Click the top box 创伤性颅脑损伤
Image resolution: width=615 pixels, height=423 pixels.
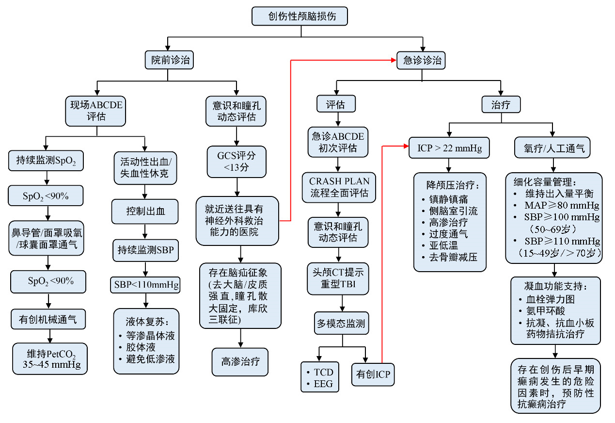coord(300,16)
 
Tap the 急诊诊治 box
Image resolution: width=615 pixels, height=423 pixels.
coord(422,60)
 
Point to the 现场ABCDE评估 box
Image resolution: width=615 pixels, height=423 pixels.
coord(97,110)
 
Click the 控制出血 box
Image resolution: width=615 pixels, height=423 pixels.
coord(145,211)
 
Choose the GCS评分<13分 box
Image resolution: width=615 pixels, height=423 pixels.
coord(237,162)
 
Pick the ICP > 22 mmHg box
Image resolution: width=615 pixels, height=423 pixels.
coord(449,148)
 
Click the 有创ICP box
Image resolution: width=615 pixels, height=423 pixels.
coord(373,374)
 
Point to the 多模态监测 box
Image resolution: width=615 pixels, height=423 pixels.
coord(341,324)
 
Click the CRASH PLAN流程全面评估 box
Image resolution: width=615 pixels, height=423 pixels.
coord(339,187)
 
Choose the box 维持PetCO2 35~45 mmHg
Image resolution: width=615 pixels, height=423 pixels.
coord(50,358)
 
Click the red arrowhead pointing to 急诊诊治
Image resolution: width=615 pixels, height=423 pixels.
coord(393,60)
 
